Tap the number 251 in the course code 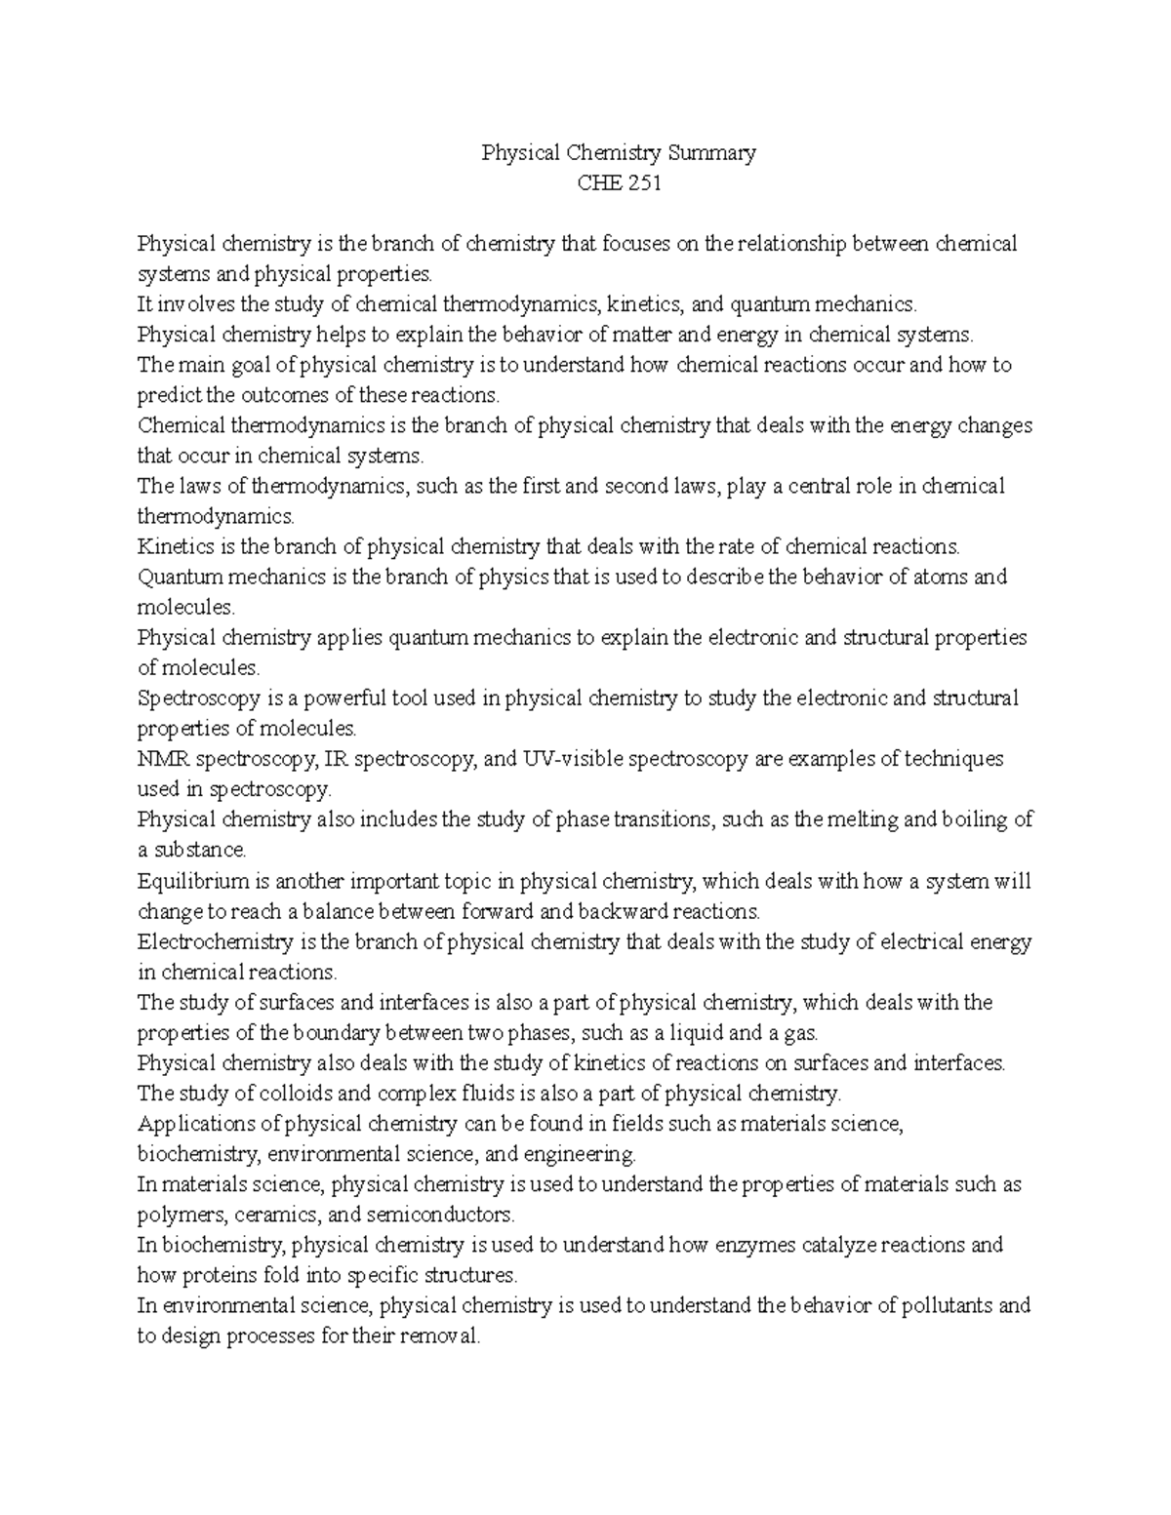tap(643, 182)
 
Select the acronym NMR tap(160, 759)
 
